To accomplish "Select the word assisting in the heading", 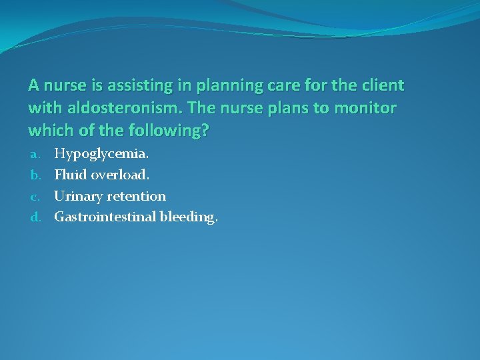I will click(x=127, y=86).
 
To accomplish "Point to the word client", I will click(x=382, y=86).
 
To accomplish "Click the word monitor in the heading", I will click(x=369, y=108).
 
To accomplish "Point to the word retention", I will click(x=135, y=196).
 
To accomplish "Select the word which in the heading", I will click(x=49, y=130).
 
